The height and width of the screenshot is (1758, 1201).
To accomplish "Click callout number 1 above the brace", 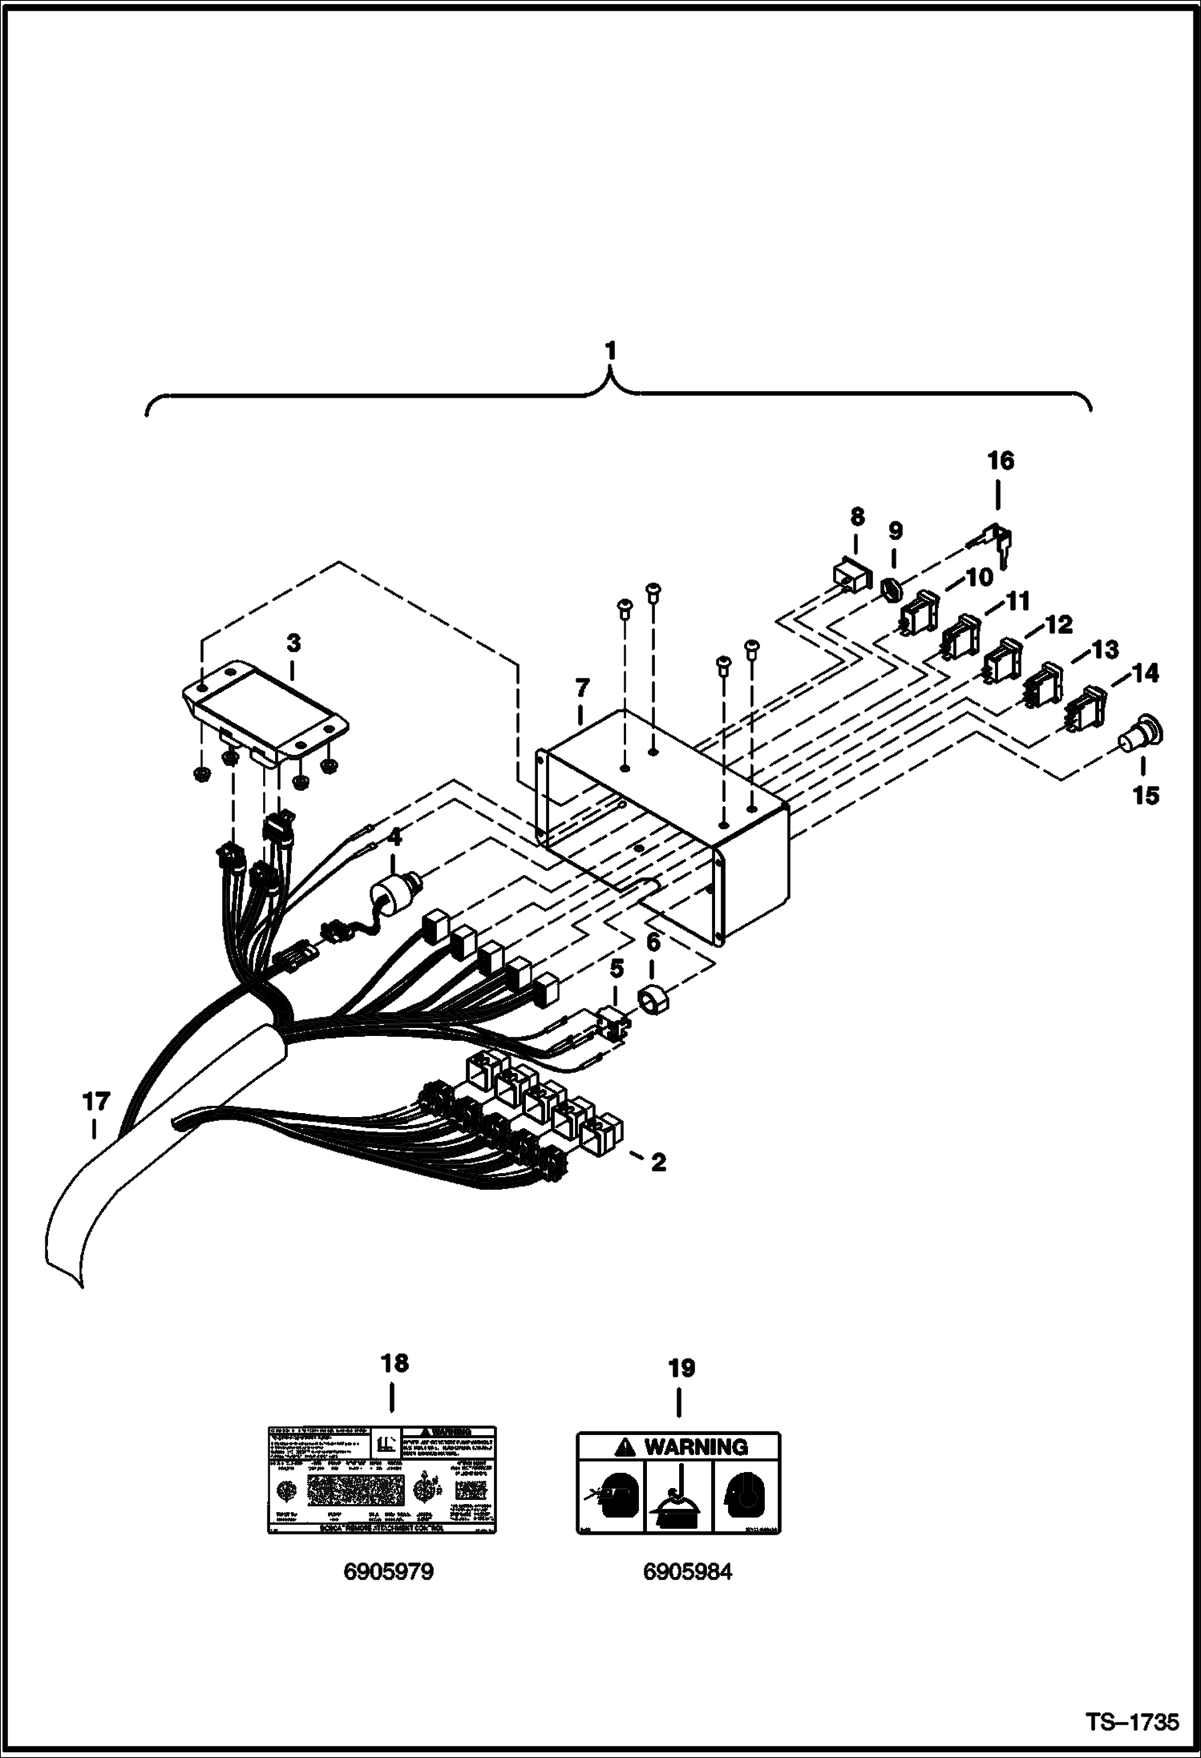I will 611,351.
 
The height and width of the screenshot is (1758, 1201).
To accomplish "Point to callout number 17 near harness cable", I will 95,1103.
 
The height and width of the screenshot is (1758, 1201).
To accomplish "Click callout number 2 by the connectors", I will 657,1162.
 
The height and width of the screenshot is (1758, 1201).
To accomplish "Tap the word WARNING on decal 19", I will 695,1447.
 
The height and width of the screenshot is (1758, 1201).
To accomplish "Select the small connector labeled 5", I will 614,1022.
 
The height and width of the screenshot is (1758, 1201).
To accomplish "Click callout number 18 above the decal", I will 394,1362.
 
